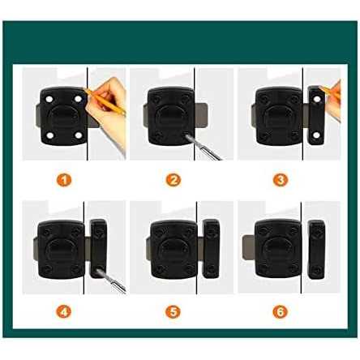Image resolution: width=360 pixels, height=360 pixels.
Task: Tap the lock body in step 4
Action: coord(61,244)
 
